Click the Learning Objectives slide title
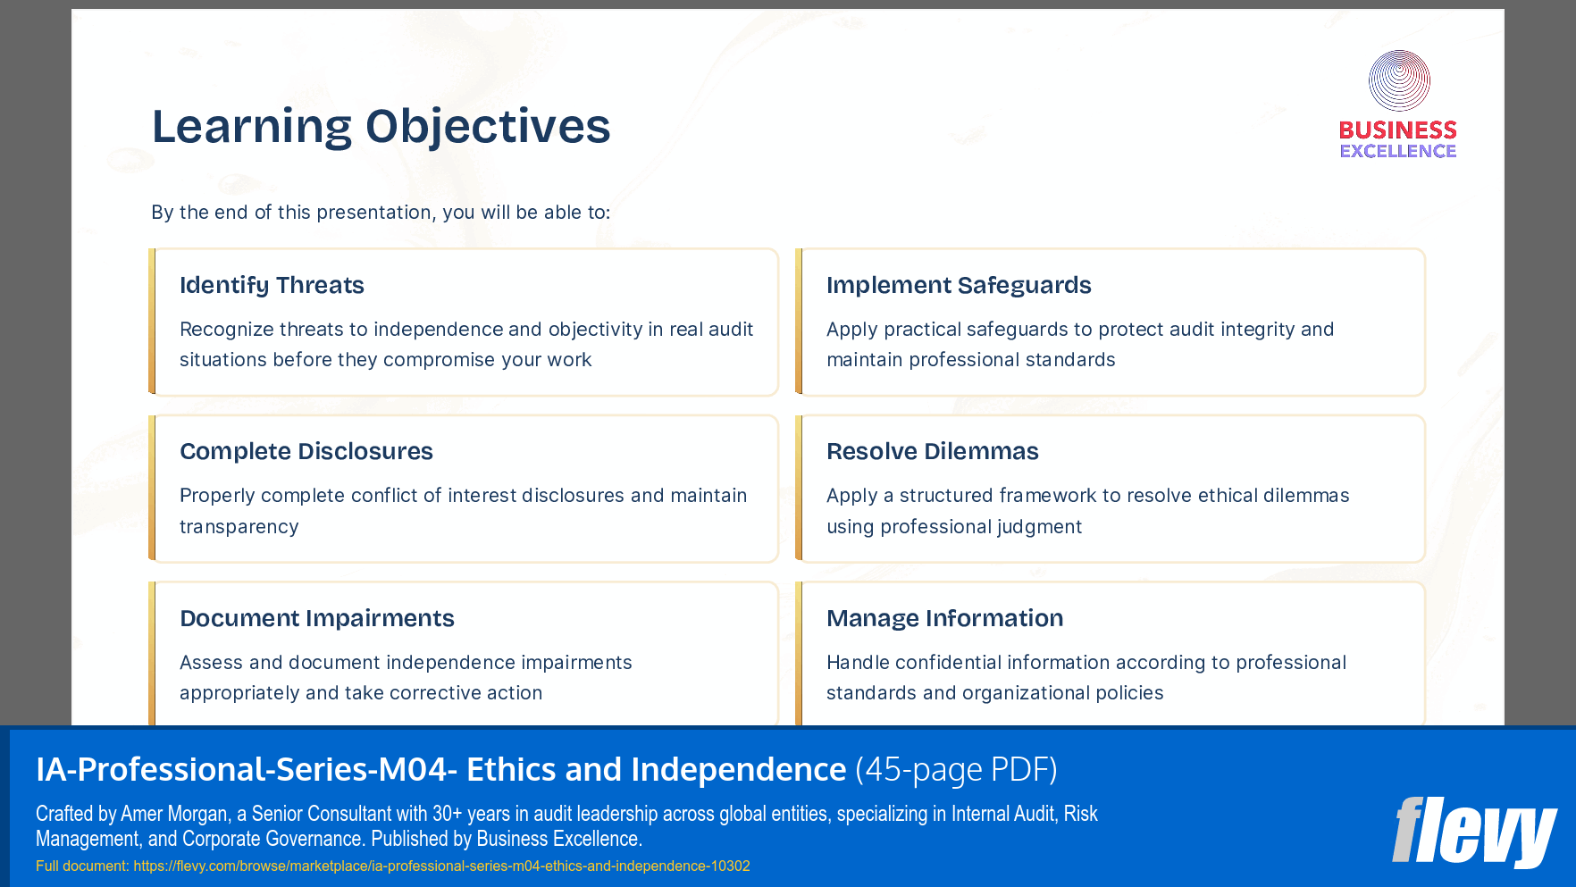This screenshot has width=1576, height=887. coord(381,126)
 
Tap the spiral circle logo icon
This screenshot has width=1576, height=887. coord(1399,80)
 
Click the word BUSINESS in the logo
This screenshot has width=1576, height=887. coord(1397,130)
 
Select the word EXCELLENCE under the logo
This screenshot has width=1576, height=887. coord(1397,151)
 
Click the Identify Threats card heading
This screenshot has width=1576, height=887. coord(272,285)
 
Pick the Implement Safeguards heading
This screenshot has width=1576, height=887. coord(958,285)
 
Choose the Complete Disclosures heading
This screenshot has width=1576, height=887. coord(306,451)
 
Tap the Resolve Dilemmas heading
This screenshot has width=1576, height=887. coord(932,451)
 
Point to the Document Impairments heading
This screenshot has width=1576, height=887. coord(316,618)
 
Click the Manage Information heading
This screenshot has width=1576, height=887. coord(944,618)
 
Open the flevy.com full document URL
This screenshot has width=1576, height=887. coord(441,866)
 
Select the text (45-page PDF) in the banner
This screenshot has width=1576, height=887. coord(956,769)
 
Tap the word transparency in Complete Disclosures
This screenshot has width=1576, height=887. coord(239,526)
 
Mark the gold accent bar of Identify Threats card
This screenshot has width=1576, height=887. coord(152,322)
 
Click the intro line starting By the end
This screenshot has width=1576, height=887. coord(381,213)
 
